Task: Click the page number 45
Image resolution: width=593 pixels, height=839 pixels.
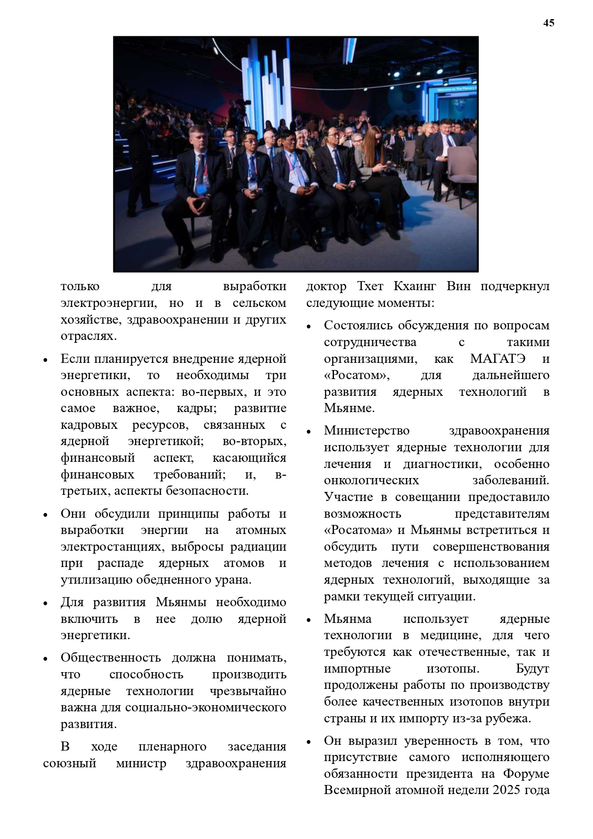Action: (549, 23)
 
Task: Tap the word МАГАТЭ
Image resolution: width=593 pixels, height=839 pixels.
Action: (497, 359)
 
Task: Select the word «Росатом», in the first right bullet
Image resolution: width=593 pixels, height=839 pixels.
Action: (356, 375)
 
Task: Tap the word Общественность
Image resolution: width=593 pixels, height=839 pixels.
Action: (110, 658)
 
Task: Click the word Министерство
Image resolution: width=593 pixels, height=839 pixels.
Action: (367, 431)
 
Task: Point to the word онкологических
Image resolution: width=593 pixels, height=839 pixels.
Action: (371, 480)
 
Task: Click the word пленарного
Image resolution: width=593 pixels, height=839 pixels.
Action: (172, 747)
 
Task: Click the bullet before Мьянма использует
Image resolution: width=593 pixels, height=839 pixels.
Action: (309, 620)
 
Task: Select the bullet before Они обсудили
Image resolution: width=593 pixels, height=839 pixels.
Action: (45, 515)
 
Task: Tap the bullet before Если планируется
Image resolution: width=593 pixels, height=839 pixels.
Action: (45, 360)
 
